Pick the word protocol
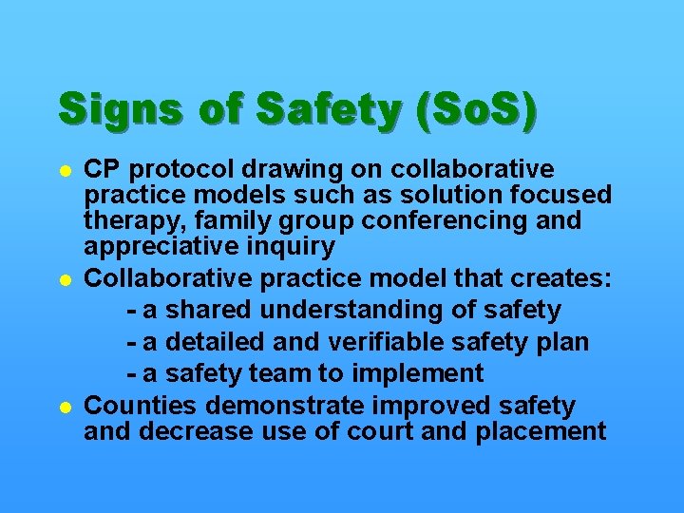(x=181, y=171)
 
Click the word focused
(x=560, y=196)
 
